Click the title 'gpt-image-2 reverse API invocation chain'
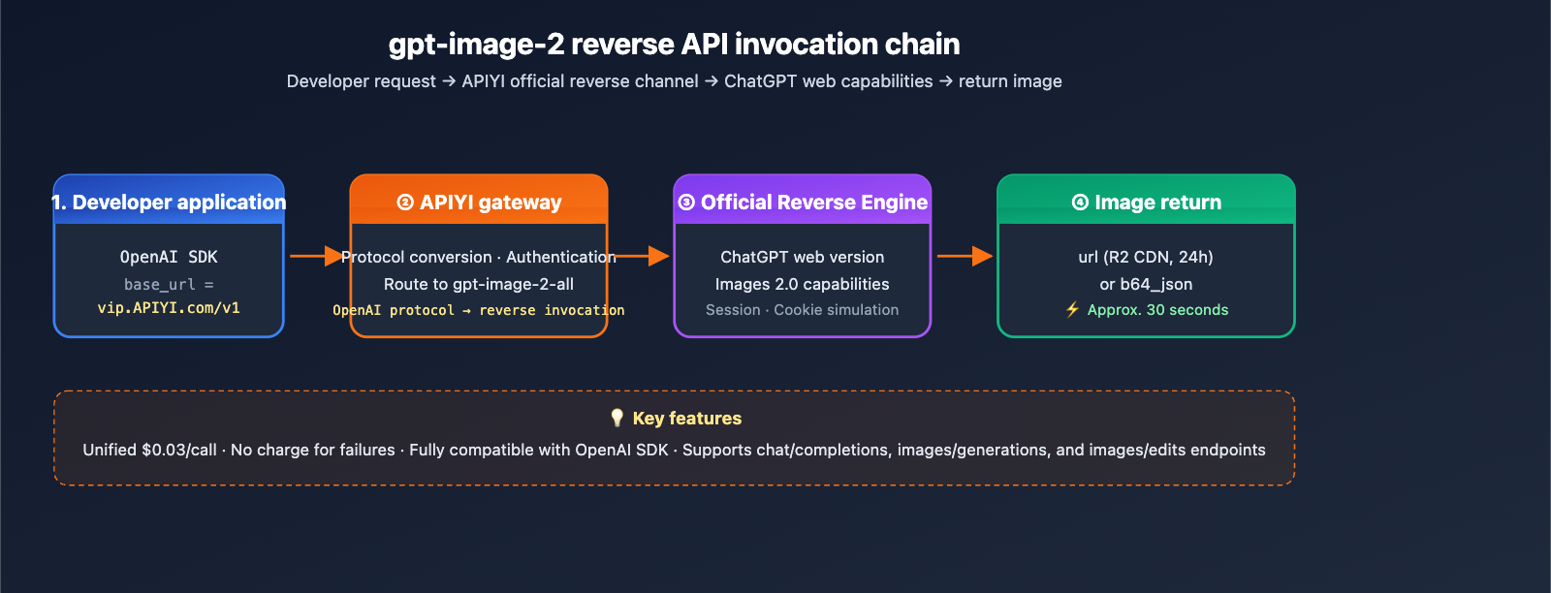674,45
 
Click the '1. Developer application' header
169,202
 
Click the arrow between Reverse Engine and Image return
965,256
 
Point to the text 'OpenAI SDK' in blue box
169,257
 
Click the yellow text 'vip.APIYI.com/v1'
169,308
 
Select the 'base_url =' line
169,284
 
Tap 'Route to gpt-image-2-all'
479,284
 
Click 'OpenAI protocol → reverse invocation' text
479,310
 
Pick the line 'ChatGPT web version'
803,257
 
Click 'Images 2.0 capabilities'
803,284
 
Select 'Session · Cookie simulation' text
803,310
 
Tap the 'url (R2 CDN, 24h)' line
1146,257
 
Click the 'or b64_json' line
1146,284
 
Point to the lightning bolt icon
1072,309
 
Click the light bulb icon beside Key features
617,418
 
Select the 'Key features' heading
686,419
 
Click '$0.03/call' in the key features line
179,450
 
